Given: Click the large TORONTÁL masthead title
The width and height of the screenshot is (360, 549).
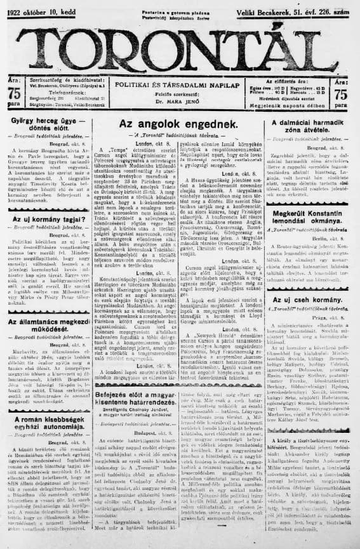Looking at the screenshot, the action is click(x=180, y=48).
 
